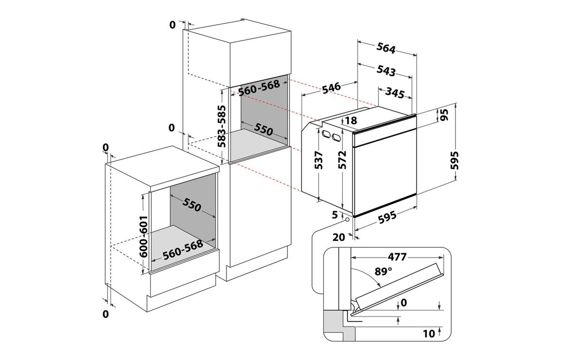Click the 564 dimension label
click(x=386, y=48)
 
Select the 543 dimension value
click(x=386, y=71)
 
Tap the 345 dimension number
click(x=395, y=94)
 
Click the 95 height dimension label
click(x=445, y=115)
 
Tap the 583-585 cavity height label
click(x=222, y=126)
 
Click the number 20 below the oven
click(x=340, y=237)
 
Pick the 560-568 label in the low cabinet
click(x=182, y=249)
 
